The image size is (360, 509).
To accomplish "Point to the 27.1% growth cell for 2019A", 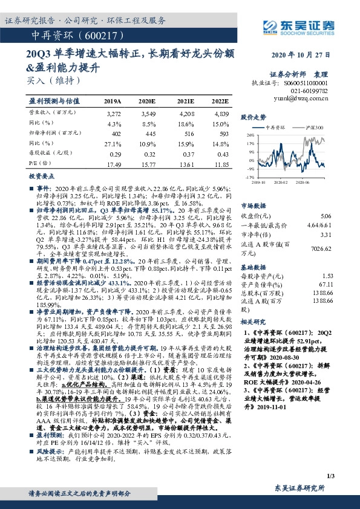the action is [113, 143].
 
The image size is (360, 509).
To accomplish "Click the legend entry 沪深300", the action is [315, 128].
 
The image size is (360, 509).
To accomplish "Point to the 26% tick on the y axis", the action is [250, 136].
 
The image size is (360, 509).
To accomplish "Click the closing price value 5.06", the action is [326, 216].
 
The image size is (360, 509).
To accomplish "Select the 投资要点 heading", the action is [40, 177].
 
